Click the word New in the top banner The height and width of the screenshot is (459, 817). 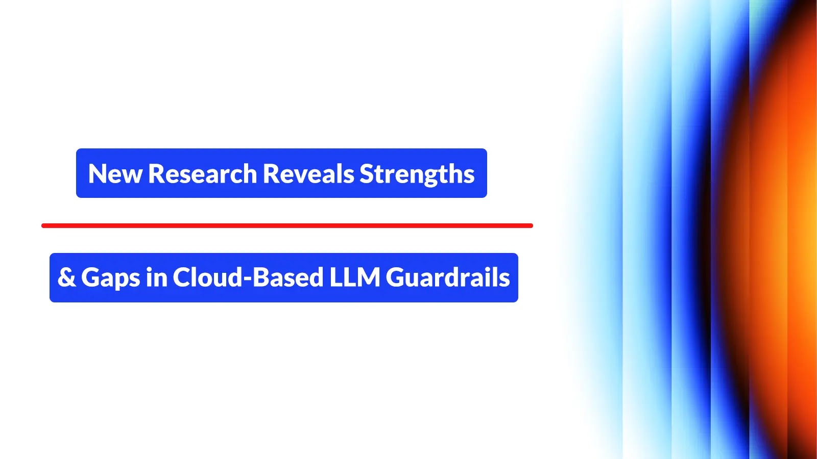[x=115, y=174]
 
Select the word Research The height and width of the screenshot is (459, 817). [x=202, y=174]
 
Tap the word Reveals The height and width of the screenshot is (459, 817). [x=308, y=174]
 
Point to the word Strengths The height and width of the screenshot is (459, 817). [x=417, y=174]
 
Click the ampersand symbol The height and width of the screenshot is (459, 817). [x=66, y=277]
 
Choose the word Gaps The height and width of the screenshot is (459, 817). [x=110, y=278]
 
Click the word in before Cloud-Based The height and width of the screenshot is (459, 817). [x=156, y=277]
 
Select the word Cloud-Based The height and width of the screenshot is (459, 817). [x=248, y=277]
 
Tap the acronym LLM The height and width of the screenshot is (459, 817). [x=354, y=277]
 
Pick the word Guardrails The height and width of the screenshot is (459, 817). [x=448, y=277]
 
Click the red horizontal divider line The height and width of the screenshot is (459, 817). [x=287, y=225]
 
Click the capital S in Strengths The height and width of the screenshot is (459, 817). [x=367, y=174]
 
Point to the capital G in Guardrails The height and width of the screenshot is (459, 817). [x=396, y=277]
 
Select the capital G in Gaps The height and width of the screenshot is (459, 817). [x=91, y=277]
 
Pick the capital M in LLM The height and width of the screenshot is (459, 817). [x=369, y=277]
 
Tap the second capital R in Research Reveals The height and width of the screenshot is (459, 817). [x=271, y=174]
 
